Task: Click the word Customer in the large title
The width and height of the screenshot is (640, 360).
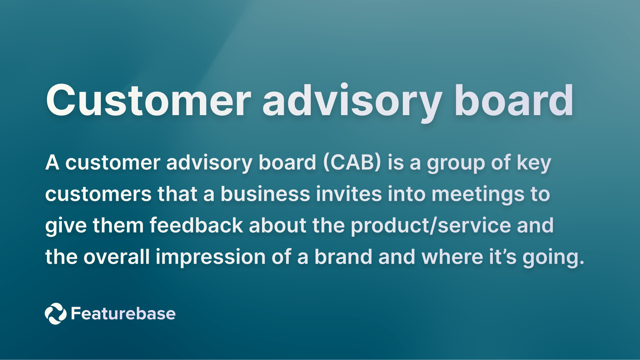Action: pos(149,101)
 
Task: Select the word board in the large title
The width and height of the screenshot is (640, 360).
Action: pos(514,101)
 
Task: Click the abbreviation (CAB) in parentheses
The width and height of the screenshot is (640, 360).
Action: pos(352,163)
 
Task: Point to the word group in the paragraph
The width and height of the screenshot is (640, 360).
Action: pos(456,163)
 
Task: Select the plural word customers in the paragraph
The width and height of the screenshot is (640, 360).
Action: pos(98,194)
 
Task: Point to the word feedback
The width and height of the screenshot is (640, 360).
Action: pos(196,226)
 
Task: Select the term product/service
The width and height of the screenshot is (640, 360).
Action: pos(431,226)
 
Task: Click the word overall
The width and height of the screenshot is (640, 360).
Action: pos(116,257)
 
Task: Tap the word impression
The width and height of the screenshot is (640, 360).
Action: pos(210,258)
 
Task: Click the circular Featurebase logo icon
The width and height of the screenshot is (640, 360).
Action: pos(55,313)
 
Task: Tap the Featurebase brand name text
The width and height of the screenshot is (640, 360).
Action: pos(123,313)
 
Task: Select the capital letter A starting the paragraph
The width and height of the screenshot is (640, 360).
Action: pos(52,163)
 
